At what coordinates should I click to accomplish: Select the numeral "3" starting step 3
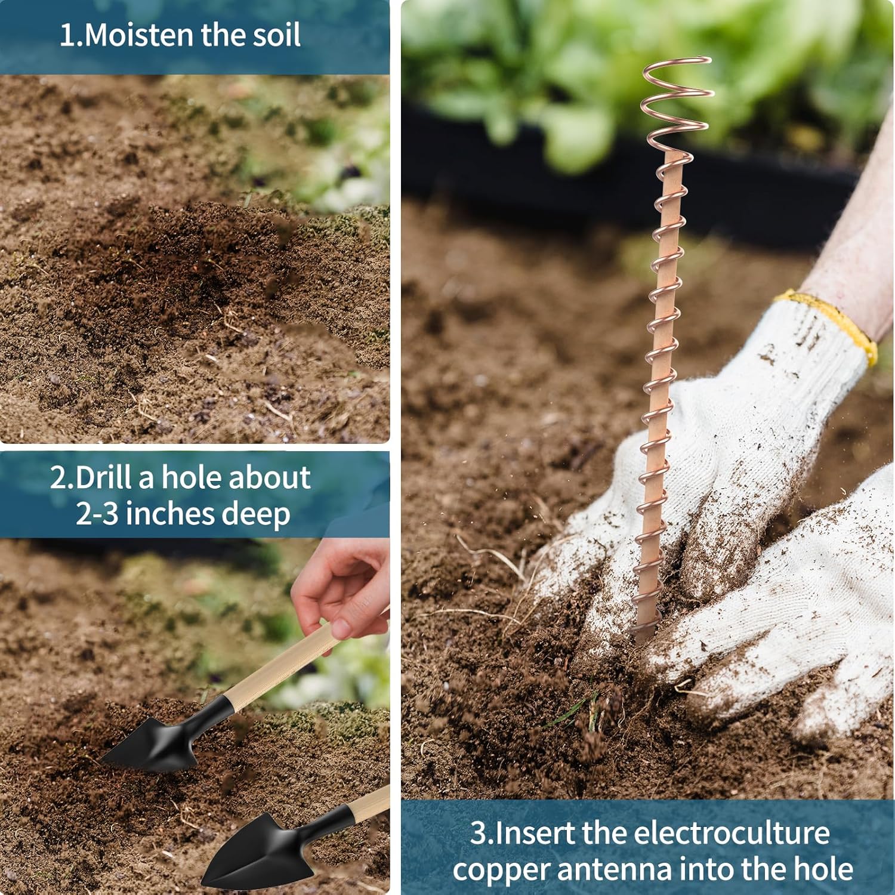(479, 834)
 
